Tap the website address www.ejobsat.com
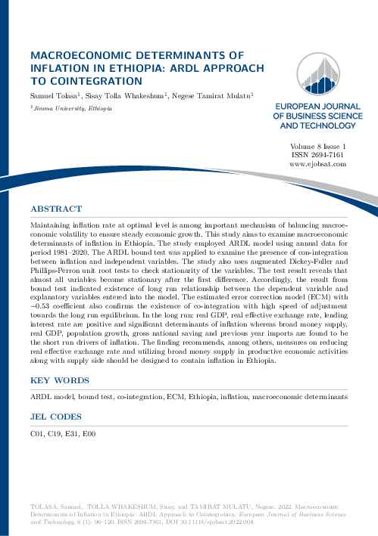point(318,163)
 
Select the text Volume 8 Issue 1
point(318,145)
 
